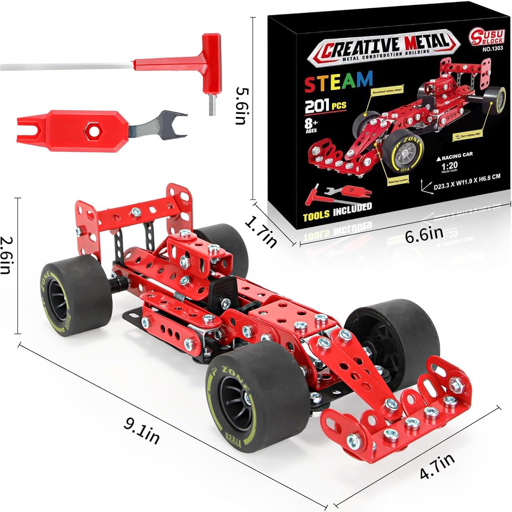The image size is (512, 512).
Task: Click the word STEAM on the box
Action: coord(338,82)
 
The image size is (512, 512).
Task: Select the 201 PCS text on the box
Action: coord(325,106)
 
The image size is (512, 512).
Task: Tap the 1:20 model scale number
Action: coord(449,165)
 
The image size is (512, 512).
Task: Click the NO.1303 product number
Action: coord(493,49)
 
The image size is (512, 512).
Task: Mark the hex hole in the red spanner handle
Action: coord(93,131)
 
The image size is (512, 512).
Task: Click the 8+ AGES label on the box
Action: coord(311,125)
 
